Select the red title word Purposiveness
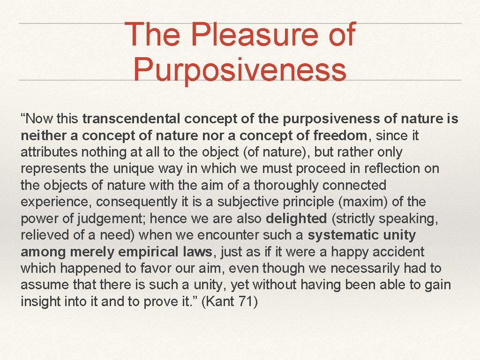pyautogui.click(x=240, y=69)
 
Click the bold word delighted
pyautogui.click(x=296, y=219)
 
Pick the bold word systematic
pyautogui.click(x=343, y=235)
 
